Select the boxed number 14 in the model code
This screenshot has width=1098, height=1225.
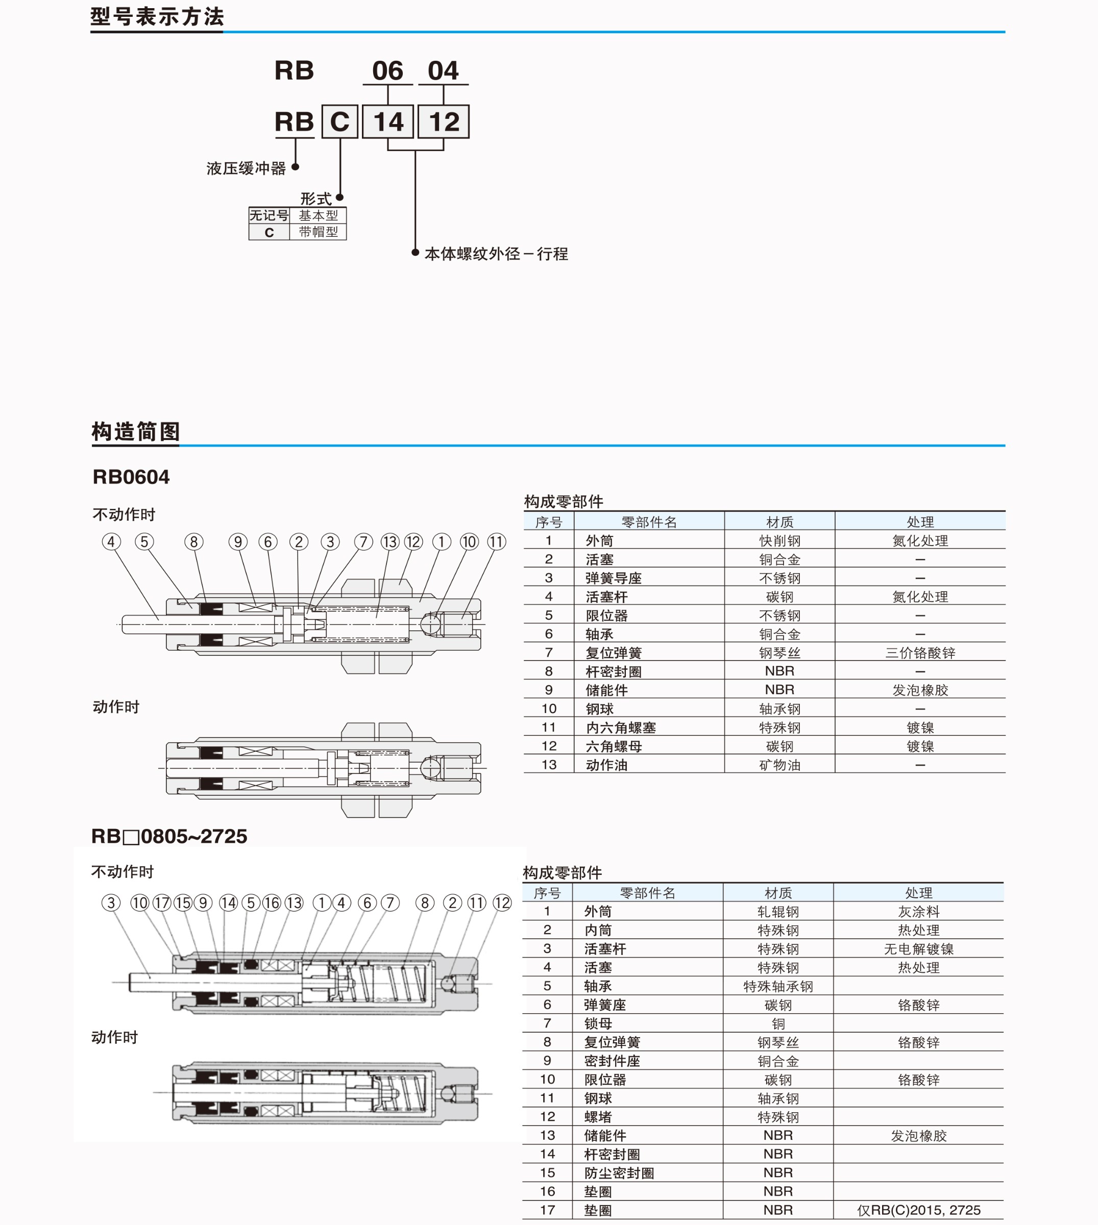pos(388,122)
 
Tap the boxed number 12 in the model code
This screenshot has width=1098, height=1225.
pos(444,122)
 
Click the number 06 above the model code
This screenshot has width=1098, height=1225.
pos(387,71)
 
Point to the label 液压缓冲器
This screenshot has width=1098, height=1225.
pos(246,168)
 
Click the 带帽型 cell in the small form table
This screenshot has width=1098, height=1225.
pos(319,232)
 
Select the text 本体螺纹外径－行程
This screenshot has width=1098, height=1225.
pos(496,254)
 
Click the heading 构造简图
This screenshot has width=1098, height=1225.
pos(136,431)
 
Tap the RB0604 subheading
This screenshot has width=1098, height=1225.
pos(131,477)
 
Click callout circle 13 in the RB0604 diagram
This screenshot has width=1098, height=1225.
pos(389,542)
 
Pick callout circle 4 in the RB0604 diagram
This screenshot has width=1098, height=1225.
pos(111,542)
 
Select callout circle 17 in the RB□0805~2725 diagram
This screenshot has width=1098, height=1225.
pos(162,903)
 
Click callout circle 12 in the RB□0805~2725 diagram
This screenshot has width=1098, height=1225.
pos(502,903)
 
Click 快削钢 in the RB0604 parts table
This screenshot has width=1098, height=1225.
pos(779,541)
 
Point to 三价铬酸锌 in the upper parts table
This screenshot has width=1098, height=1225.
pos(920,653)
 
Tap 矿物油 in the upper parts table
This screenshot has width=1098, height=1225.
pos(779,765)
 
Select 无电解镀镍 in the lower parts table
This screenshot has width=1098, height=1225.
pos(919,949)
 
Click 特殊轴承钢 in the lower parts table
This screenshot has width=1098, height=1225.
pos(778,986)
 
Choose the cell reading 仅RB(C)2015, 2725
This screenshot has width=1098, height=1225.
pos(919,1210)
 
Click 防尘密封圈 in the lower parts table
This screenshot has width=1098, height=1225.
pos(619,1173)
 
